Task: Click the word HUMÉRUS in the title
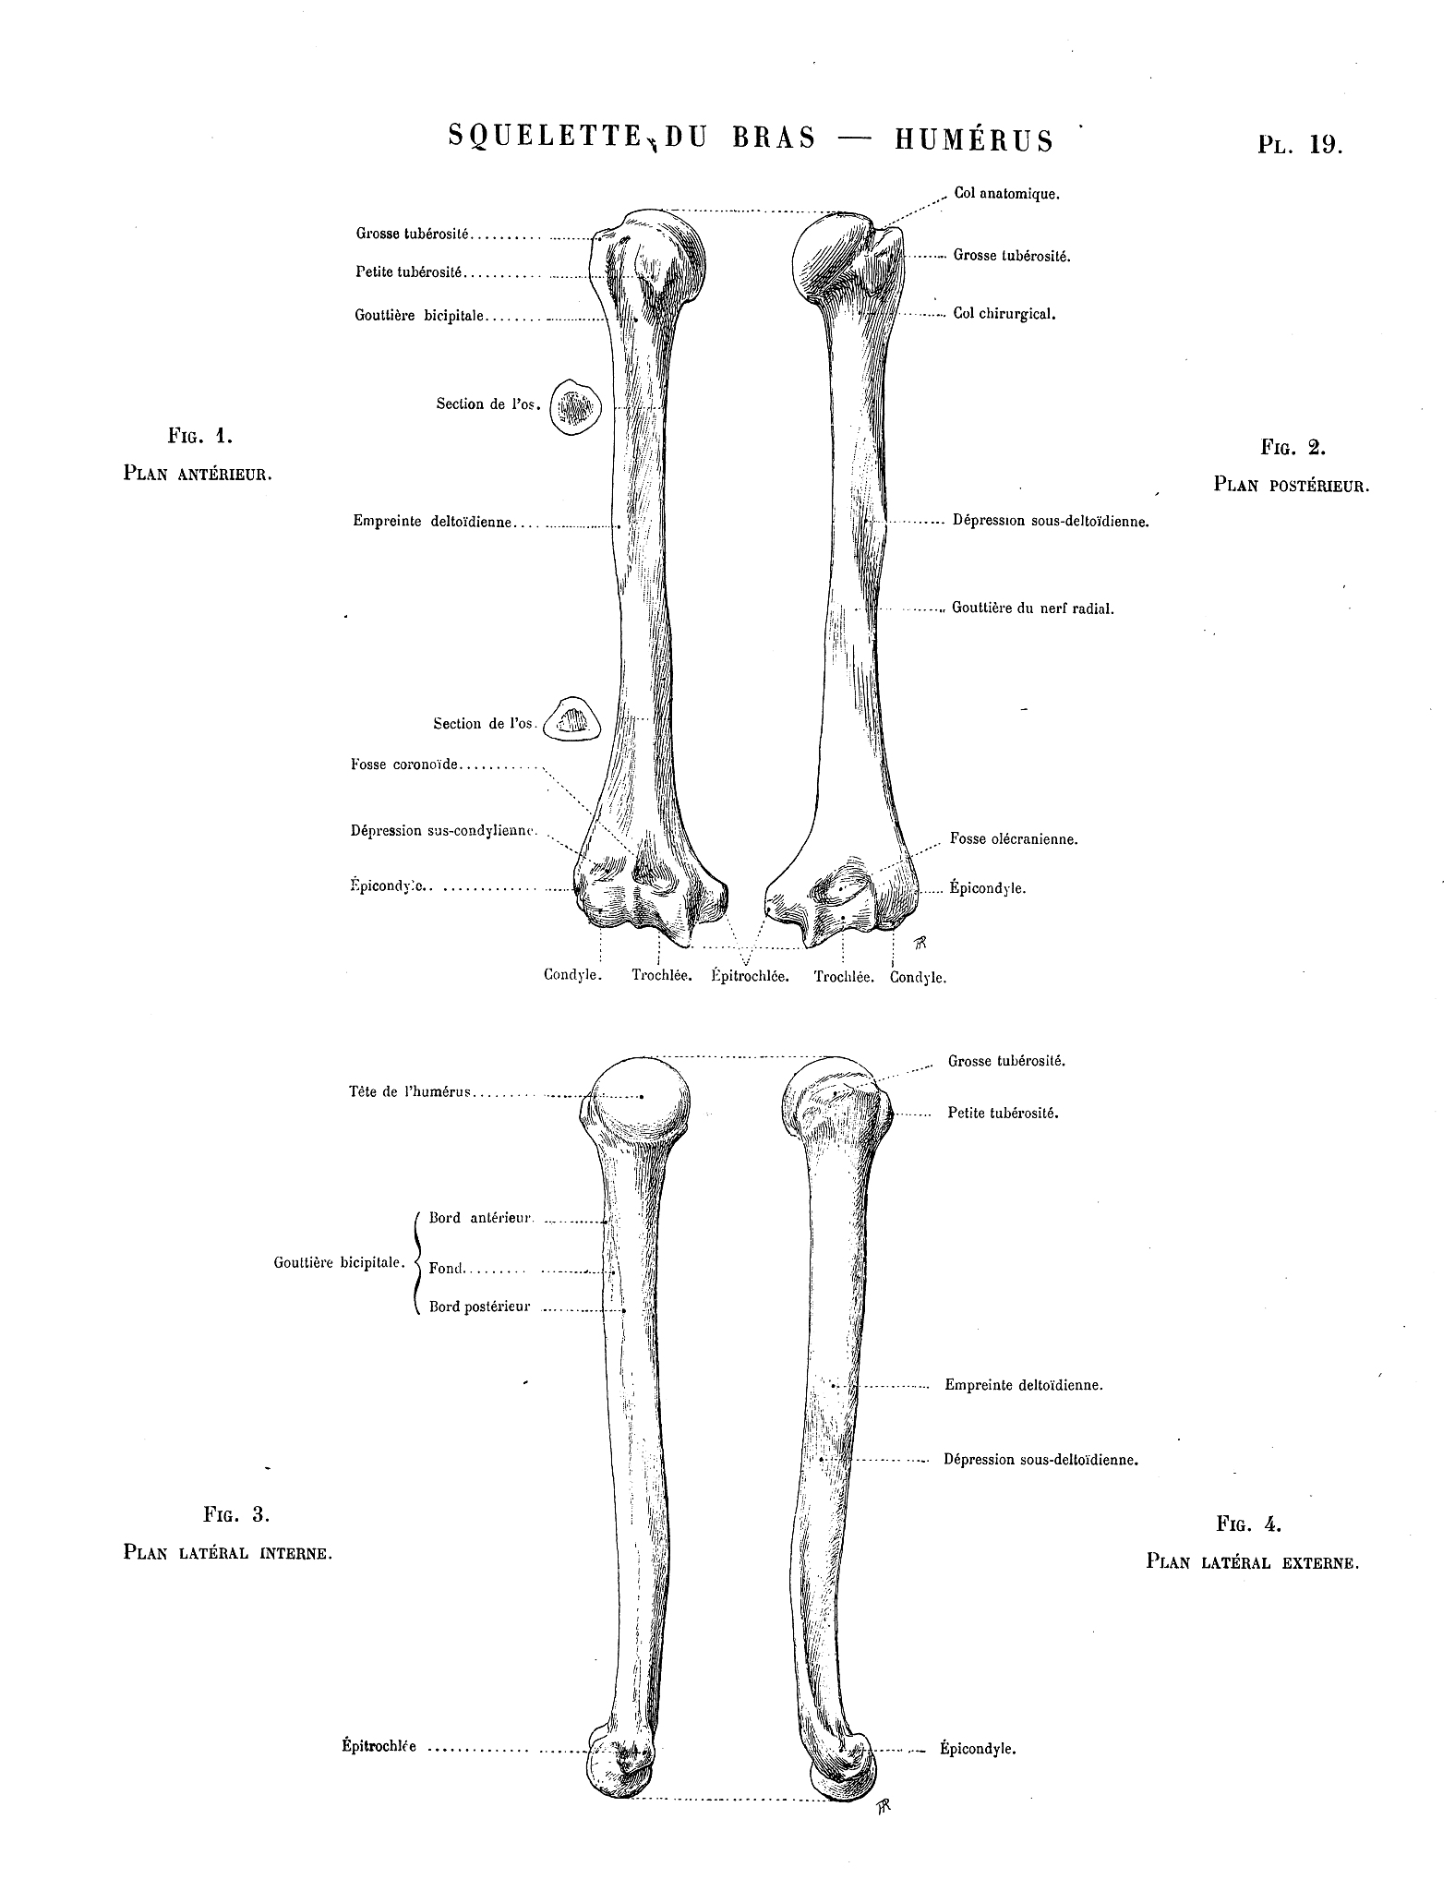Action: click(973, 139)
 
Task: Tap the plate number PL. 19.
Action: click(1299, 144)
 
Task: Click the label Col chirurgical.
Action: click(1004, 314)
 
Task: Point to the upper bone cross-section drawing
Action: click(576, 405)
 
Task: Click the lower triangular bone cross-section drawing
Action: click(571, 719)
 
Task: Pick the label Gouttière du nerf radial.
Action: click(1033, 609)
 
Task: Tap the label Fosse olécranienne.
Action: click(1014, 839)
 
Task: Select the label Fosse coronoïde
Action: click(404, 765)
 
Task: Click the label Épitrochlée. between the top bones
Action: click(750, 977)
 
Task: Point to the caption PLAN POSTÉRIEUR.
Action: click(1291, 485)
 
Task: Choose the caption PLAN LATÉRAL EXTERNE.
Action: click(1252, 1562)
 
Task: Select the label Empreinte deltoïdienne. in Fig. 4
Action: click(1024, 1385)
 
